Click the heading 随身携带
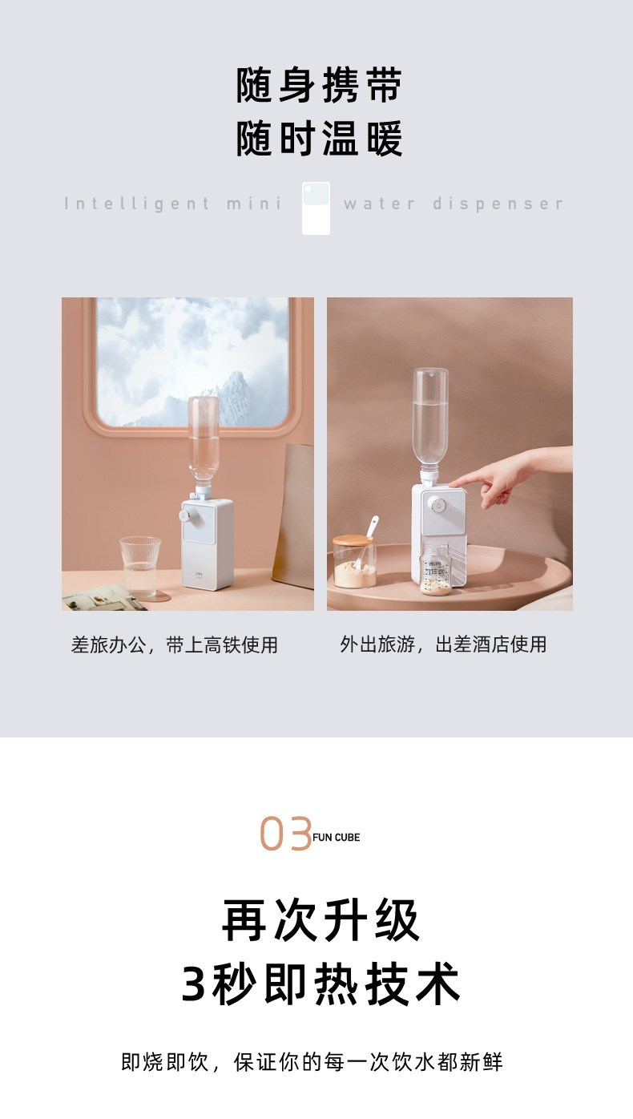[319, 86]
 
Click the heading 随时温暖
[319, 139]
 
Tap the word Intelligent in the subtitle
[137, 204]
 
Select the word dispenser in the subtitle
[498, 204]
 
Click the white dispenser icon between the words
[316, 208]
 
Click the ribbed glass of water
[140, 567]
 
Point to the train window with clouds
[192, 363]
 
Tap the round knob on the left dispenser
[184, 515]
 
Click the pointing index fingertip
[452, 483]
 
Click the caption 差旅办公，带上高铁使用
[174, 645]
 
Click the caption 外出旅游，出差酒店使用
[443, 644]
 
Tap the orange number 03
[285, 834]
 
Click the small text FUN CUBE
[336, 838]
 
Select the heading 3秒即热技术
[320, 984]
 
